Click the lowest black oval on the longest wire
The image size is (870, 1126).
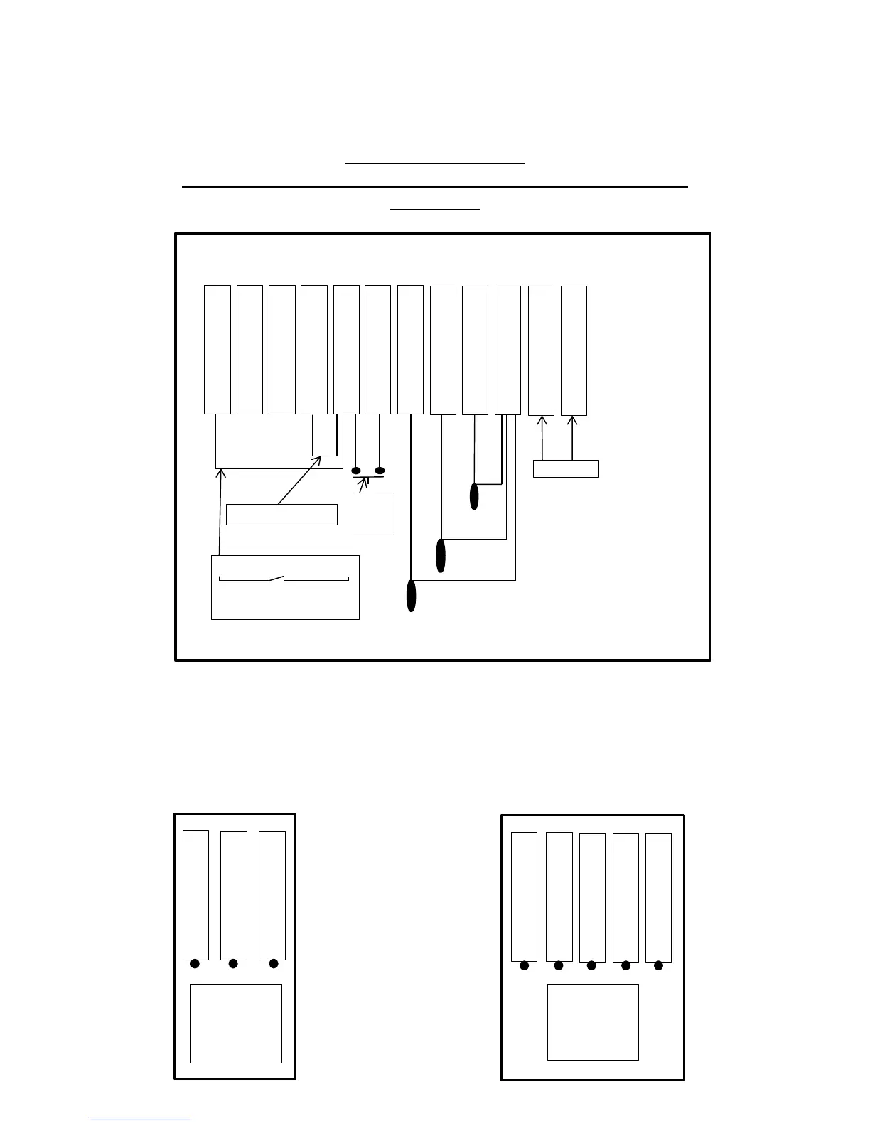[x=411, y=596]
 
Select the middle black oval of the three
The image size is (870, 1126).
[x=441, y=555]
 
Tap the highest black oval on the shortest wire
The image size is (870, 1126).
[x=475, y=496]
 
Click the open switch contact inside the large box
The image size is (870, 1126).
[x=276, y=579]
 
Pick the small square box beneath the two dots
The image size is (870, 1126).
[x=373, y=512]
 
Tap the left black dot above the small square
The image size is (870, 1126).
[x=356, y=471]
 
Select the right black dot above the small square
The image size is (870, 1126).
[x=380, y=471]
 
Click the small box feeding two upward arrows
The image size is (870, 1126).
[x=566, y=468]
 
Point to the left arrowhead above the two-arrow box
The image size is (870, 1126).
[x=542, y=420]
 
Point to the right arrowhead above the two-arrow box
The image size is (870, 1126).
[x=573, y=420]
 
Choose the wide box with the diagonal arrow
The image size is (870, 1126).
[x=281, y=515]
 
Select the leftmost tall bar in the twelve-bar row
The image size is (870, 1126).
[x=217, y=350]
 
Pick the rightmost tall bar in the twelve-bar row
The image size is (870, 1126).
[x=574, y=350]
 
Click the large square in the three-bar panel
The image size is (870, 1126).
[x=236, y=1024]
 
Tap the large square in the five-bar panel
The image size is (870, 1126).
[x=593, y=1022]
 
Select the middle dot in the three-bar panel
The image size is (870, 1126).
[x=233, y=964]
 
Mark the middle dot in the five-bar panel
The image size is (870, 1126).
[x=591, y=965]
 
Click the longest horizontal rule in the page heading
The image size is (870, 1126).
[x=435, y=186]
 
